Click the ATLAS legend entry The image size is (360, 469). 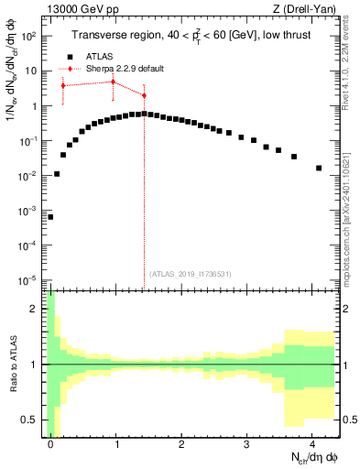98,55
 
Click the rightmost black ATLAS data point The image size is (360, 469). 318,168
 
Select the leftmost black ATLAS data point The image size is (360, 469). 50,217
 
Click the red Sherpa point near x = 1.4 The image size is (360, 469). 144,95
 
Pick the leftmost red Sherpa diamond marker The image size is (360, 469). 63,85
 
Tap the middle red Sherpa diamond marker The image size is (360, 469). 113,82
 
